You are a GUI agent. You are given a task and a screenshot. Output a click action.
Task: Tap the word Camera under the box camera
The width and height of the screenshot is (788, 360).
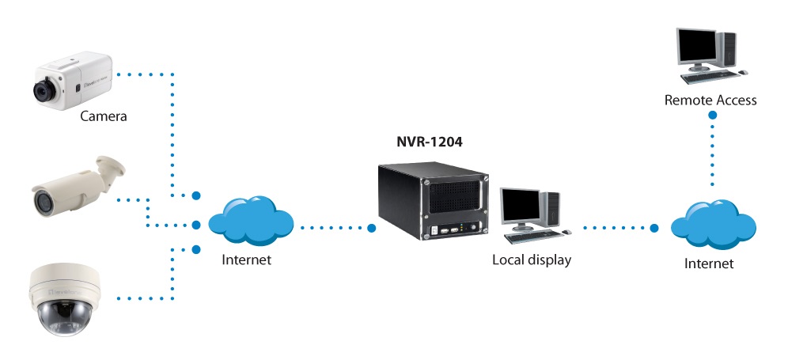coord(104,117)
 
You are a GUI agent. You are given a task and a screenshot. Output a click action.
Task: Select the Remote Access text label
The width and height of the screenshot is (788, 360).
coord(710,100)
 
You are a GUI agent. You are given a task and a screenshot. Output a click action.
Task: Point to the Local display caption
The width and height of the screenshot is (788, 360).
coord(531,260)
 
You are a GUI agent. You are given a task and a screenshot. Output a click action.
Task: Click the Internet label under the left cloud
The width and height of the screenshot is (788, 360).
coord(247,259)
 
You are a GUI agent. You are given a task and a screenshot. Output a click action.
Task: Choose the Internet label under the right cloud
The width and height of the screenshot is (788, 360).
coord(709,263)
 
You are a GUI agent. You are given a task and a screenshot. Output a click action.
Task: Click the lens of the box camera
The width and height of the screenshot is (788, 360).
coord(40,90)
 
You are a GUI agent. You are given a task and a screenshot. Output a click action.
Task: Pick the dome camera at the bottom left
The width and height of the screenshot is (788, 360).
coord(63,297)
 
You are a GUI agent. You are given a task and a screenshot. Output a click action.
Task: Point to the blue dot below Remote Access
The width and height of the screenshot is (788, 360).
coord(713,116)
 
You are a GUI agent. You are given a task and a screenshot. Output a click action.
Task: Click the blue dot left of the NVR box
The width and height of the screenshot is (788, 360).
coord(371,229)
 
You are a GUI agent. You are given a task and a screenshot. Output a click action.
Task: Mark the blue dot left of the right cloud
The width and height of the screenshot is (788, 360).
coord(654,228)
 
